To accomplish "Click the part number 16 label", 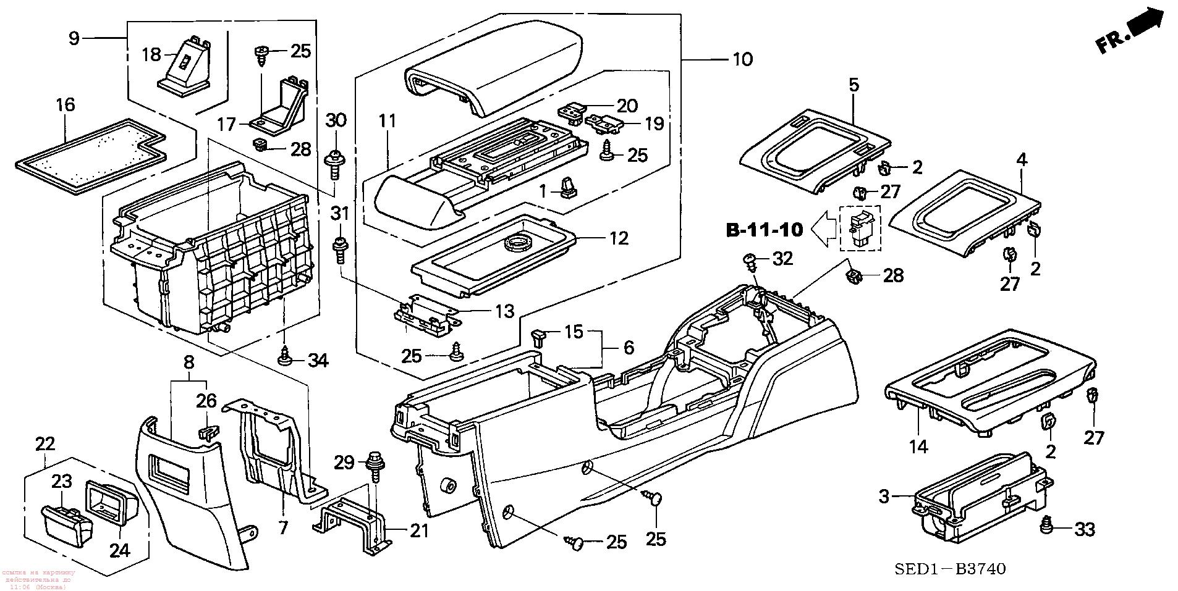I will pyautogui.click(x=66, y=105).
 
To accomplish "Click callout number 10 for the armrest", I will pyautogui.click(x=742, y=59).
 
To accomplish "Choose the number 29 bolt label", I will pyautogui.click(x=344, y=462).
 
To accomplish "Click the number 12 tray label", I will pyautogui.click(x=619, y=238).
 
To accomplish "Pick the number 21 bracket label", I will pyautogui.click(x=419, y=530).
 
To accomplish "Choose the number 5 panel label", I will pyautogui.click(x=854, y=85).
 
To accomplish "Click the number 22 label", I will pyautogui.click(x=45, y=443).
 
